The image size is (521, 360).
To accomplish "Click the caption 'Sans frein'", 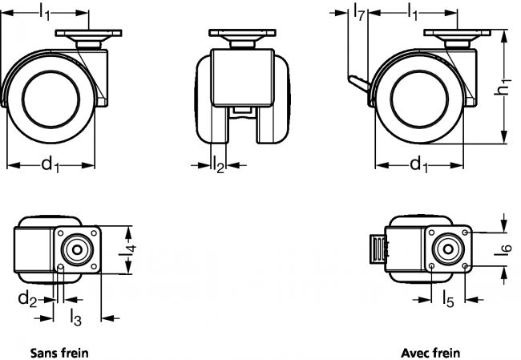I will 59,351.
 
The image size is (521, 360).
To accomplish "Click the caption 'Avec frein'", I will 432,351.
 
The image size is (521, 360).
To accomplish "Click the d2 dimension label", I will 27,299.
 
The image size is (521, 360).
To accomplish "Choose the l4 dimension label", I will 133,254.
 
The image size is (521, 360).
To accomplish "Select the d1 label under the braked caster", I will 418,164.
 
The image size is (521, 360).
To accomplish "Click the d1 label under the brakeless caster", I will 50,164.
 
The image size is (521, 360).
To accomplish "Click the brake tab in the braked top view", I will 374,252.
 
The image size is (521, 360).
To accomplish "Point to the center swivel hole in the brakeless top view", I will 79,248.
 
